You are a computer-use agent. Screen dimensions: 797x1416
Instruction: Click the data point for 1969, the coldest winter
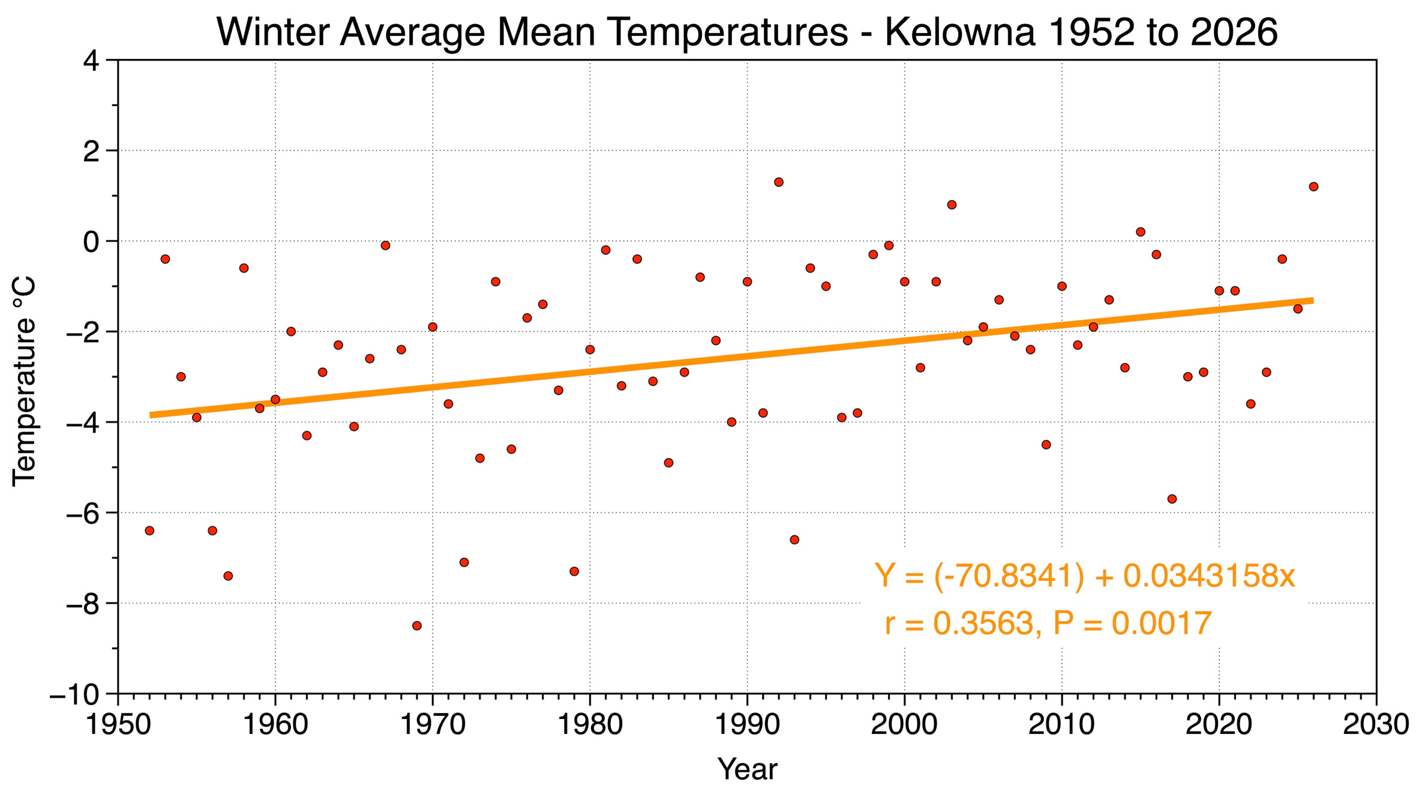pos(417,626)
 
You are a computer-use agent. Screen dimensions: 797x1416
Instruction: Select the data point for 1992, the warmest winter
pos(779,182)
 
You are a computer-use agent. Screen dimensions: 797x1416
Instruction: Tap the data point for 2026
pos(1313,187)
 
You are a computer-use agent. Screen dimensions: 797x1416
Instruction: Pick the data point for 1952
pos(149,531)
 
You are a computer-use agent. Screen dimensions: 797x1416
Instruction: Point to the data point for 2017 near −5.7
pos(1172,499)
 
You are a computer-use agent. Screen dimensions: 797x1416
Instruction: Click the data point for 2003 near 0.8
pos(952,205)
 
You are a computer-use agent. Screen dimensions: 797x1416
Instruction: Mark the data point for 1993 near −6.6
pos(794,540)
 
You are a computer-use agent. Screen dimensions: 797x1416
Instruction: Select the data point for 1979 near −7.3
pos(574,571)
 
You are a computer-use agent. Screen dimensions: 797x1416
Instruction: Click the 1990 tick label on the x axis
pos(747,725)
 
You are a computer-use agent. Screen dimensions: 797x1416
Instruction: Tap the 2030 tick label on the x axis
pos(1375,725)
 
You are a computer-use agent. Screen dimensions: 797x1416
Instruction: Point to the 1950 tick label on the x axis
pos(118,725)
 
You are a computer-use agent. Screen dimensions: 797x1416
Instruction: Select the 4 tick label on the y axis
pos(91,61)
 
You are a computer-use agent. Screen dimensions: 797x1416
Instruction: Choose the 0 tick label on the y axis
pos(91,242)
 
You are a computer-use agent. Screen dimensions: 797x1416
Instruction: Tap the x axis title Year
pos(747,769)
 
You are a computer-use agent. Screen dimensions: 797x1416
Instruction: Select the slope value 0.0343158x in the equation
pos(1209,576)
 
